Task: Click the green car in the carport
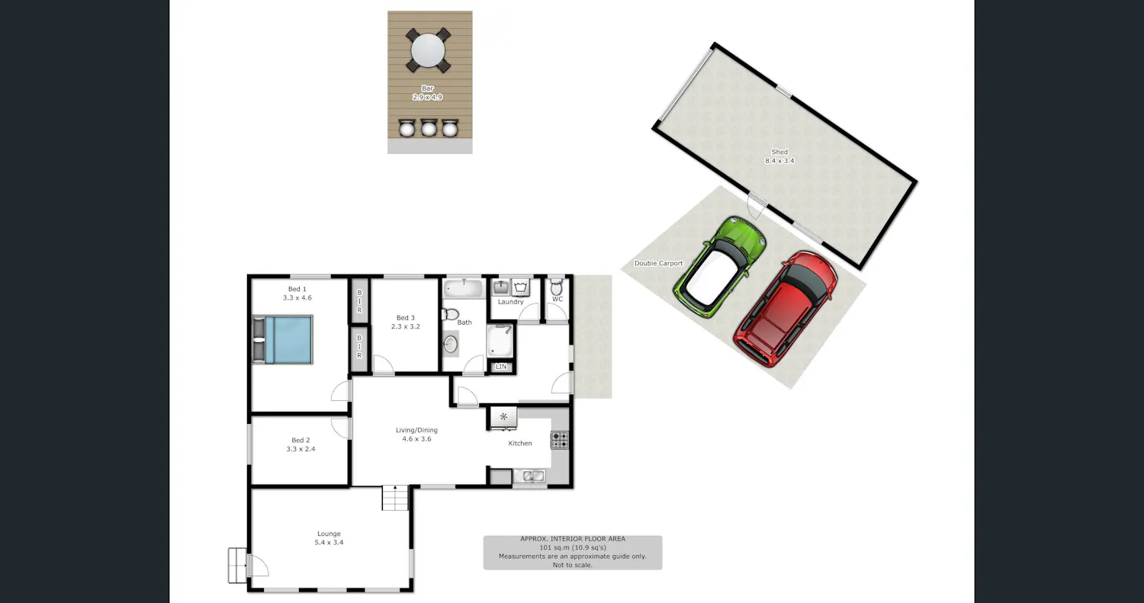point(720,267)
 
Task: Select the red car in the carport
point(785,309)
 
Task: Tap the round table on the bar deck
point(428,50)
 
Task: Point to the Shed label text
point(779,152)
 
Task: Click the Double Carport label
point(658,264)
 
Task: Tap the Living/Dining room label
point(416,430)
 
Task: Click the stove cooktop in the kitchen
point(560,440)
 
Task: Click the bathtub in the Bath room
point(463,288)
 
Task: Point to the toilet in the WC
point(557,287)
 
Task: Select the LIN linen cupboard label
point(501,367)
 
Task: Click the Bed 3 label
point(406,318)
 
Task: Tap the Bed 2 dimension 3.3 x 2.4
point(300,449)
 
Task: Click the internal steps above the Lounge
point(396,498)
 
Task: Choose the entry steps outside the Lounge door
point(237,565)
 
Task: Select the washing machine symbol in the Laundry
point(520,287)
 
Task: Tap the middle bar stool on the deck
point(428,127)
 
